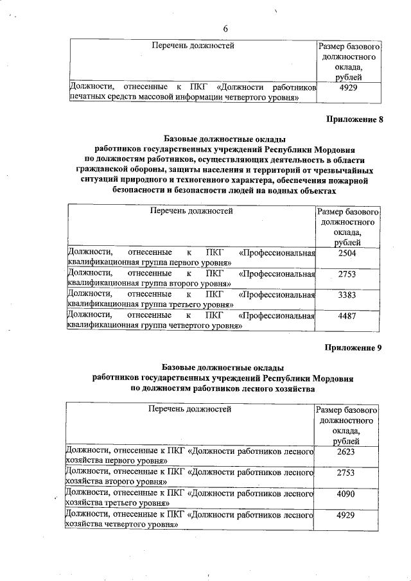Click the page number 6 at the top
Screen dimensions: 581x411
pyautogui.click(x=225, y=28)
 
